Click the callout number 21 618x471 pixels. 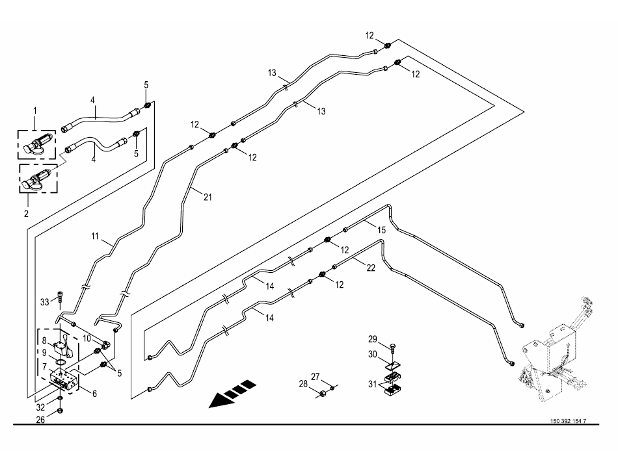coord(206,197)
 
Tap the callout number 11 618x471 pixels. coord(95,238)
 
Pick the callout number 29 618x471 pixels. coord(372,340)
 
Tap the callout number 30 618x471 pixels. coord(372,355)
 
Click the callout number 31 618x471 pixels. coord(372,384)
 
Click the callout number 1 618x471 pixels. coord(35,111)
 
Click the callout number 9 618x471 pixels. coord(44,353)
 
